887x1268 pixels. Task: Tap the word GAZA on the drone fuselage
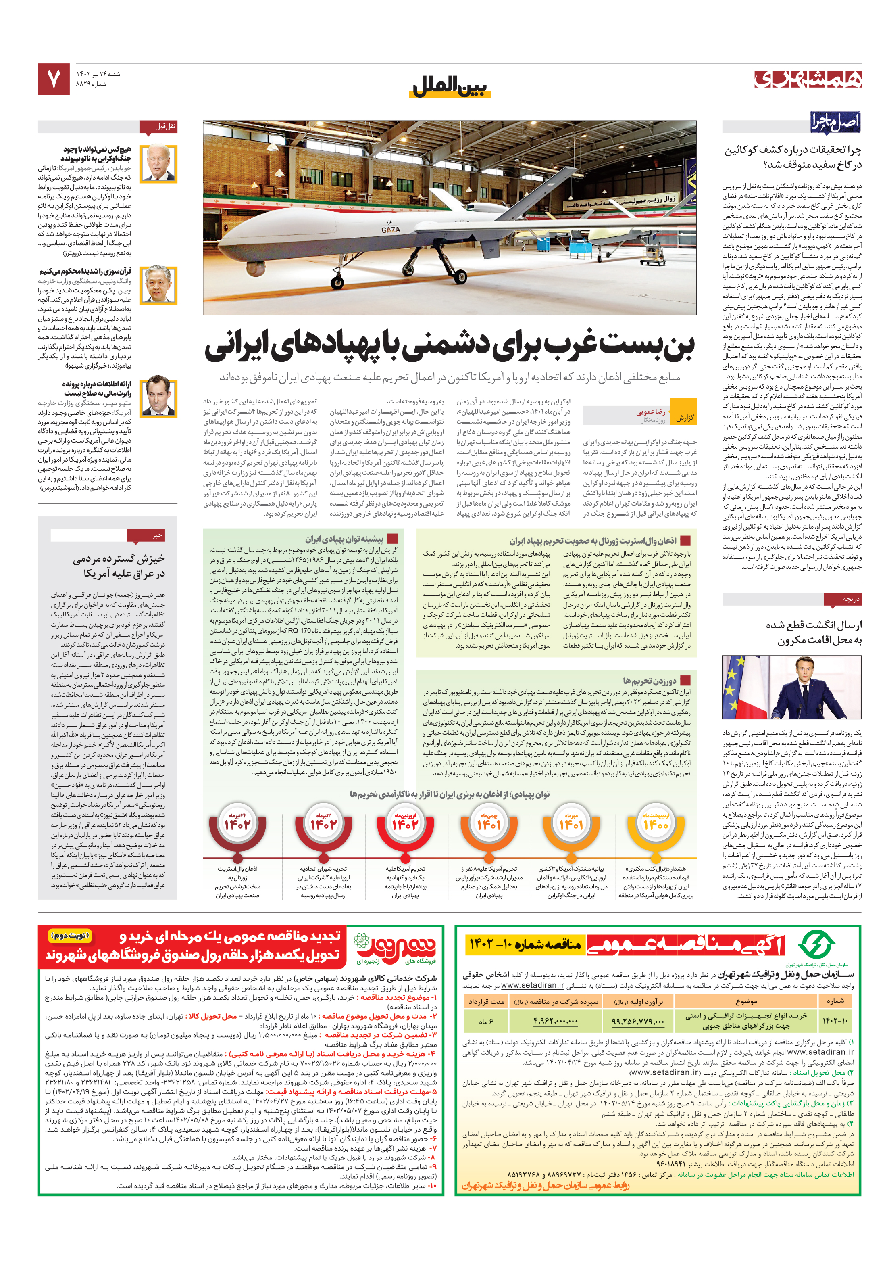[x=390, y=229]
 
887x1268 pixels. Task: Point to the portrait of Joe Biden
[x=158, y=163]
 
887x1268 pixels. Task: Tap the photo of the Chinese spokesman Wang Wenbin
[x=158, y=285]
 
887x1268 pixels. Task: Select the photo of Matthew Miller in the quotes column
[x=158, y=397]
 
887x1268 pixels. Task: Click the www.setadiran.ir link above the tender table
[x=533, y=985]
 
